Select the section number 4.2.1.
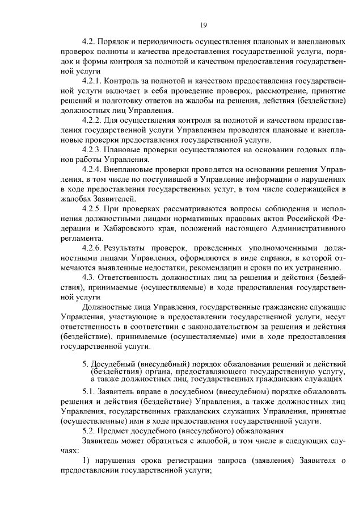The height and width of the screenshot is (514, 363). (92, 81)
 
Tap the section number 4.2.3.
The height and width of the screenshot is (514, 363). (92, 149)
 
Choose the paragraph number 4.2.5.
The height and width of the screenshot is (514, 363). (92, 209)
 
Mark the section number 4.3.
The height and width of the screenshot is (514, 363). (89, 278)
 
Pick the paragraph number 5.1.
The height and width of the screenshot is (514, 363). (89, 392)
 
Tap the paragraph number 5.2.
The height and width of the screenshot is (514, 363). (89, 431)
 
